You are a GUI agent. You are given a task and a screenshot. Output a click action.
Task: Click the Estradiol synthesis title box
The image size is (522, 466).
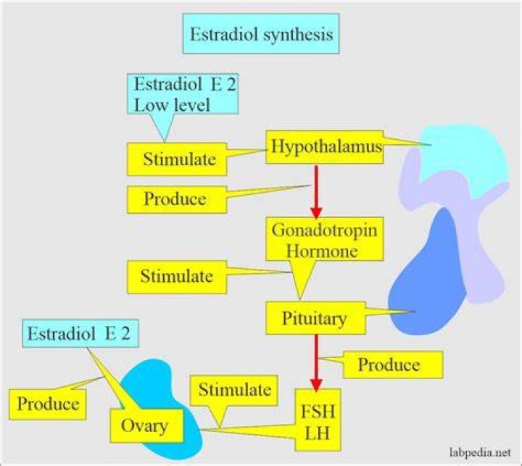[261, 33]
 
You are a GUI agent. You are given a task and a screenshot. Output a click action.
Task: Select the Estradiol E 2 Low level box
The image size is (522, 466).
[183, 94]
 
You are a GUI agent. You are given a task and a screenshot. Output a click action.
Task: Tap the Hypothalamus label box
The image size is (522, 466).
[325, 147]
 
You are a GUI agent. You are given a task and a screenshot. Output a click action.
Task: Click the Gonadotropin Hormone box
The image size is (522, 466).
[325, 239]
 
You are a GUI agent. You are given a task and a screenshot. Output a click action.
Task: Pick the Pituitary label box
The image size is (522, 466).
[315, 318]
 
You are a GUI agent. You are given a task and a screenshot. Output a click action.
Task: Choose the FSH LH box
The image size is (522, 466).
[318, 422]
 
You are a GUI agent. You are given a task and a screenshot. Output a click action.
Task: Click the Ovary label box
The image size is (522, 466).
[146, 425]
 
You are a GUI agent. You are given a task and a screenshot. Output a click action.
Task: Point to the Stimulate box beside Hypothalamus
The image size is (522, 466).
[177, 159]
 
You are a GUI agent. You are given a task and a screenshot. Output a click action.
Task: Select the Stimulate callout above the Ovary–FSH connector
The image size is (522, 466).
[233, 390]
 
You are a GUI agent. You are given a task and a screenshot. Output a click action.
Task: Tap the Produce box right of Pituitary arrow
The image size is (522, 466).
[393, 365]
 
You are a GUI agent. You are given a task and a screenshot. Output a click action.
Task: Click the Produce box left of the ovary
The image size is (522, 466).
[48, 404]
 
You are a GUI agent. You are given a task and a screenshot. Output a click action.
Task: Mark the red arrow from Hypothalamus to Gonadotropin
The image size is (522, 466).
[316, 191]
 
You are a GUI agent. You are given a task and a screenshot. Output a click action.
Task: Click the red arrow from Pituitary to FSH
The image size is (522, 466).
[316, 363]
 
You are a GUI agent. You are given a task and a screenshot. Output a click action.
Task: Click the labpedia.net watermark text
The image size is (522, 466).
[480, 453]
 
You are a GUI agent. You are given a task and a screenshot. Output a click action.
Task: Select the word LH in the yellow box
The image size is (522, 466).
[318, 433]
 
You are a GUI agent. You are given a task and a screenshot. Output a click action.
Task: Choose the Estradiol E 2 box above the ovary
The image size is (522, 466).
[80, 333]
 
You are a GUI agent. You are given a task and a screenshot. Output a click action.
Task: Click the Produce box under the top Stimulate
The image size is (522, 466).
[177, 199]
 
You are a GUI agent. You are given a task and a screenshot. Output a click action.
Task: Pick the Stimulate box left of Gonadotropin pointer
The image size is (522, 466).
[177, 277]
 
